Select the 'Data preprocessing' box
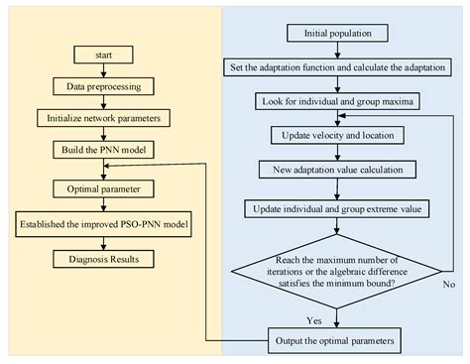(102, 86)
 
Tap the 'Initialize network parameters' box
(102, 118)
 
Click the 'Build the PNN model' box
(102, 150)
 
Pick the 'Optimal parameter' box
(102, 186)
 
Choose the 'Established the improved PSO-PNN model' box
(102, 224)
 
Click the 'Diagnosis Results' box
(102, 261)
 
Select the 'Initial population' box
(337, 34)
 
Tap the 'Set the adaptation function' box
(337, 67)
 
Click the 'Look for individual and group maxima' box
(337, 101)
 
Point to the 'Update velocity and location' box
(337, 135)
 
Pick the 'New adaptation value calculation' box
(337, 170)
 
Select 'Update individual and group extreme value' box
(337, 208)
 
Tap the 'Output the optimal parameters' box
(337, 340)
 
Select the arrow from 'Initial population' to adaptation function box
(337, 51)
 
